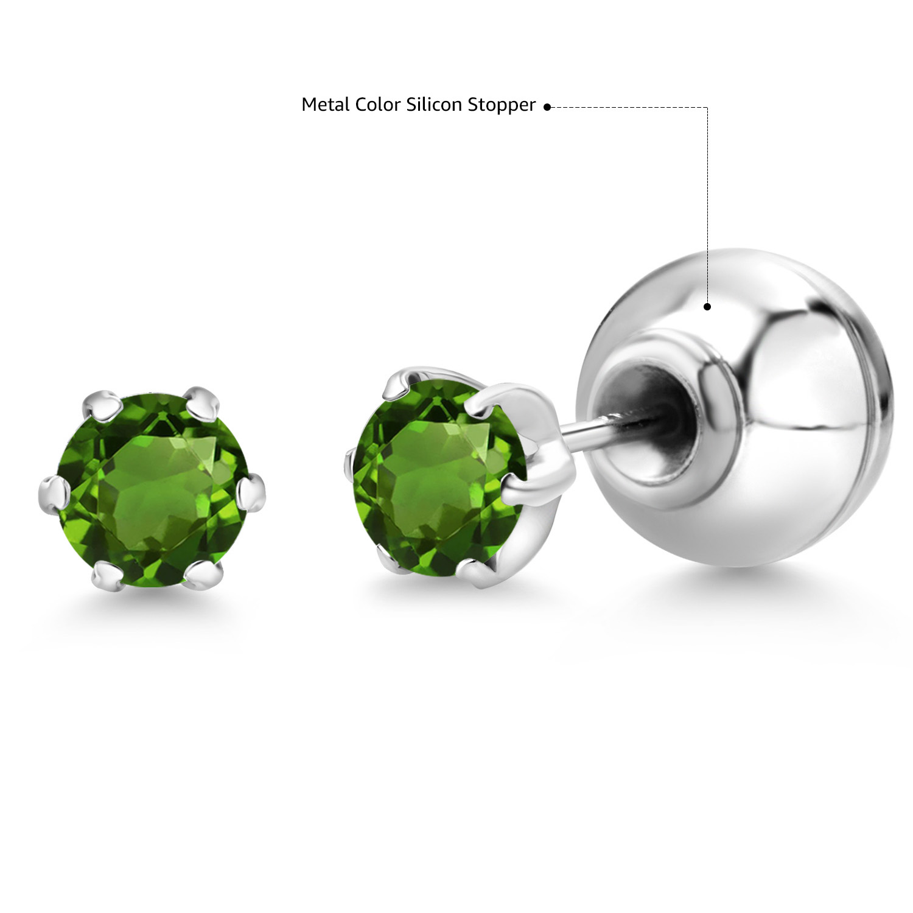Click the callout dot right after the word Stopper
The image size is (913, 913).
click(547, 107)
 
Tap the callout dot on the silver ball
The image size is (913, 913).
click(707, 307)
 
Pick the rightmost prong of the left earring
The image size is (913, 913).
click(251, 491)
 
